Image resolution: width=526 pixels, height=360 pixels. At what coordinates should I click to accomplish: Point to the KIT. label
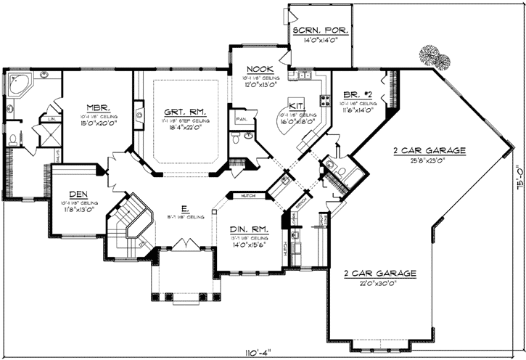(x=297, y=105)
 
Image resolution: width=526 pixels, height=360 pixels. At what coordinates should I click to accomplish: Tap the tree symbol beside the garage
(x=429, y=55)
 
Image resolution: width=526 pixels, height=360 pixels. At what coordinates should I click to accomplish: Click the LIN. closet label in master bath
(x=53, y=118)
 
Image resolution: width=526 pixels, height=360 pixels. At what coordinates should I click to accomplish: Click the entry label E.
(x=186, y=208)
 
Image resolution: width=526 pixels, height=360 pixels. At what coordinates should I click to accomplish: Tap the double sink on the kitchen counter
(x=304, y=75)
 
